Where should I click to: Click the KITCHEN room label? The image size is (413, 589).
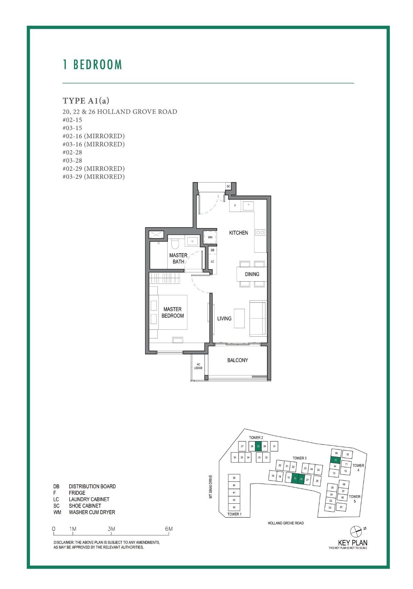point(239,233)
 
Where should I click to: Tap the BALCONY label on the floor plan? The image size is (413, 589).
point(237,360)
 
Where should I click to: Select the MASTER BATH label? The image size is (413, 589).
point(178,258)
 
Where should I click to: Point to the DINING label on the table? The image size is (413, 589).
point(252,274)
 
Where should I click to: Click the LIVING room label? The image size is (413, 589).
point(224,318)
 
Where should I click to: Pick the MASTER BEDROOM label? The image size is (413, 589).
point(172,312)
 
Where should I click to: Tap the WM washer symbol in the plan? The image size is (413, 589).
point(210,237)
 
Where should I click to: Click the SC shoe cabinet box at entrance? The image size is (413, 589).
point(228,186)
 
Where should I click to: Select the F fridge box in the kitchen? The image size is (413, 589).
point(235,206)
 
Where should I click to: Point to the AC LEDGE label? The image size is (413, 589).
point(198,366)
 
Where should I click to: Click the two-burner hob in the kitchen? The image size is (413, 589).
point(260,232)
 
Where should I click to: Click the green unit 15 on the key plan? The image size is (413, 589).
point(336,460)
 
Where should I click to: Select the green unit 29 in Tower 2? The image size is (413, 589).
point(258,446)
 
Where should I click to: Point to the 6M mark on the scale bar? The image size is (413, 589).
point(169,529)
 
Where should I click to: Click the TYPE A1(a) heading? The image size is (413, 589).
point(86,100)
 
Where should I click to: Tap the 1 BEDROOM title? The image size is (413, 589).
point(93,65)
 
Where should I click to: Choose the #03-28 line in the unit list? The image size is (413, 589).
point(72,160)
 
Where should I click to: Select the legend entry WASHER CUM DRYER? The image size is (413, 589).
point(92,512)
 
